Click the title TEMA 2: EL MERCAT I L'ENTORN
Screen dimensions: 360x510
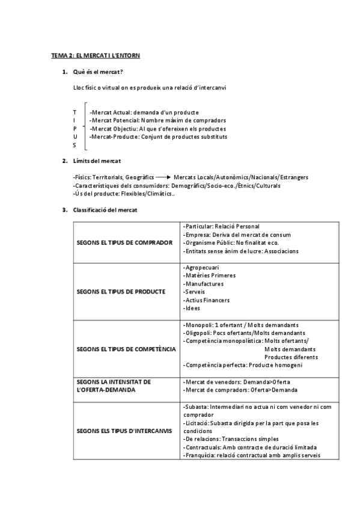[x=96, y=55]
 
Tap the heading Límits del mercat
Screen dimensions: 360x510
[x=96, y=161]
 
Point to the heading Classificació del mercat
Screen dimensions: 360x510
[x=105, y=210]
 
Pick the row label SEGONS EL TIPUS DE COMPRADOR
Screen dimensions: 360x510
[x=125, y=242]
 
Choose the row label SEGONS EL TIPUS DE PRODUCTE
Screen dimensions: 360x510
[x=121, y=292]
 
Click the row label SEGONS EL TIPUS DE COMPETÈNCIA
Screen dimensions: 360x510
[x=126, y=349]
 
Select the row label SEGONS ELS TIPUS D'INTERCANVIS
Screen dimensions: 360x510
[x=124, y=431]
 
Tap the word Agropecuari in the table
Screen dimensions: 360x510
[x=202, y=267]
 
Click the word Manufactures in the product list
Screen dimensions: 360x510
[x=204, y=283]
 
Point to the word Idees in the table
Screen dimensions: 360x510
[x=193, y=308]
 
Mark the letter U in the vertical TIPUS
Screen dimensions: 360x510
[x=75, y=137]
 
